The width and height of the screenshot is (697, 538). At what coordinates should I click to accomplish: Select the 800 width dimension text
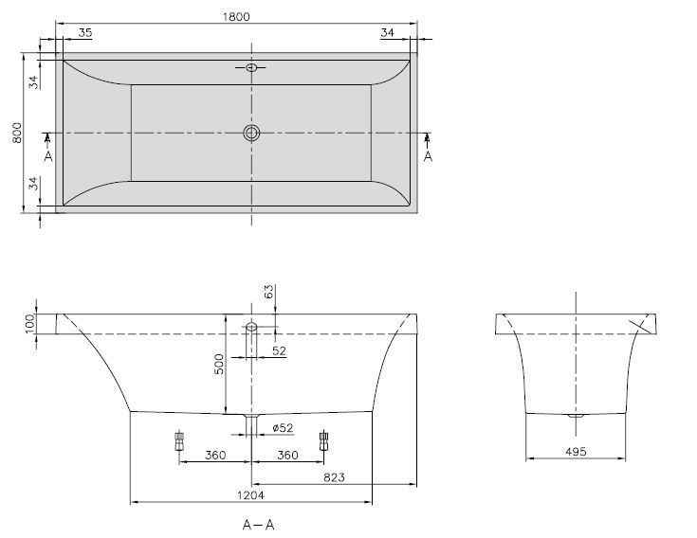click(x=16, y=133)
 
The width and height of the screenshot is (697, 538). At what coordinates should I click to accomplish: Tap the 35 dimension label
click(x=85, y=33)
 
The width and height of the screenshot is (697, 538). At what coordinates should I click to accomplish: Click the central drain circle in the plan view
click(x=251, y=134)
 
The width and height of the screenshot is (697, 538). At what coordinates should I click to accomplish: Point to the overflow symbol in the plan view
click(x=251, y=68)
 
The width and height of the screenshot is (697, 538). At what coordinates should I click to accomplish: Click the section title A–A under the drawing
click(x=259, y=525)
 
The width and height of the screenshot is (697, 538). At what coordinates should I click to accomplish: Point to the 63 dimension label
click(x=267, y=293)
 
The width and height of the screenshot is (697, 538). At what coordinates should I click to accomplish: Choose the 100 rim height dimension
click(x=29, y=323)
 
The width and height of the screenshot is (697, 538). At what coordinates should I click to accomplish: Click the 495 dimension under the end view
click(x=575, y=452)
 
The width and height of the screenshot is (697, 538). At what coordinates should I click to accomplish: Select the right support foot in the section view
click(x=324, y=440)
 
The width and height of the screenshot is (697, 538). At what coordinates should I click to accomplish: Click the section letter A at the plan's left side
click(x=48, y=155)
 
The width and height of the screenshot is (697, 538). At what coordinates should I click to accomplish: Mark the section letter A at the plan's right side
click(x=428, y=155)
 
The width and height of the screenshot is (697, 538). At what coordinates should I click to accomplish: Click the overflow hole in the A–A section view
click(x=251, y=328)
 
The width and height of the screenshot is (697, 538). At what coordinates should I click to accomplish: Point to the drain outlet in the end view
click(x=575, y=416)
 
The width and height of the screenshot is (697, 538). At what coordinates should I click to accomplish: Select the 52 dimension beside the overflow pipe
click(x=279, y=351)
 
